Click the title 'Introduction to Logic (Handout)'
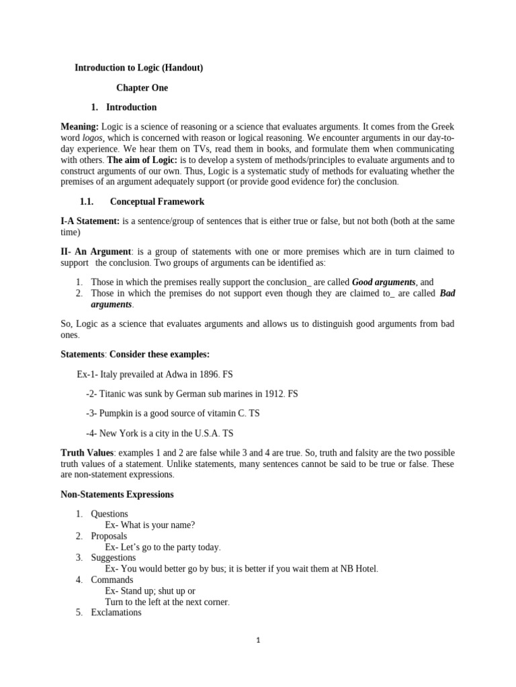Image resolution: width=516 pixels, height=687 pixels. pyautogui.click(x=138, y=68)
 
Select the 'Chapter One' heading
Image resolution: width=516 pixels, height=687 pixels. pyautogui.click(x=142, y=88)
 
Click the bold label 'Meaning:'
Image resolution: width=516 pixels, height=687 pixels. pyautogui.click(x=80, y=127)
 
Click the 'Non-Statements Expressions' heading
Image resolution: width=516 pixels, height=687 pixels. pyautogui.click(x=117, y=494)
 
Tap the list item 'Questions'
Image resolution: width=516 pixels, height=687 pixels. pyautogui.click(x=110, y=514)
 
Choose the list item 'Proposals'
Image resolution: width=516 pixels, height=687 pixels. pyautogui.click(x=109, y=536)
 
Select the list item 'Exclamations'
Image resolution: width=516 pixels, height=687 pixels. pyautogui.click(x=116, y=613)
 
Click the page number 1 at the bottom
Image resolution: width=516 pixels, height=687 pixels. pyautogui.click(x=258, y=640)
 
